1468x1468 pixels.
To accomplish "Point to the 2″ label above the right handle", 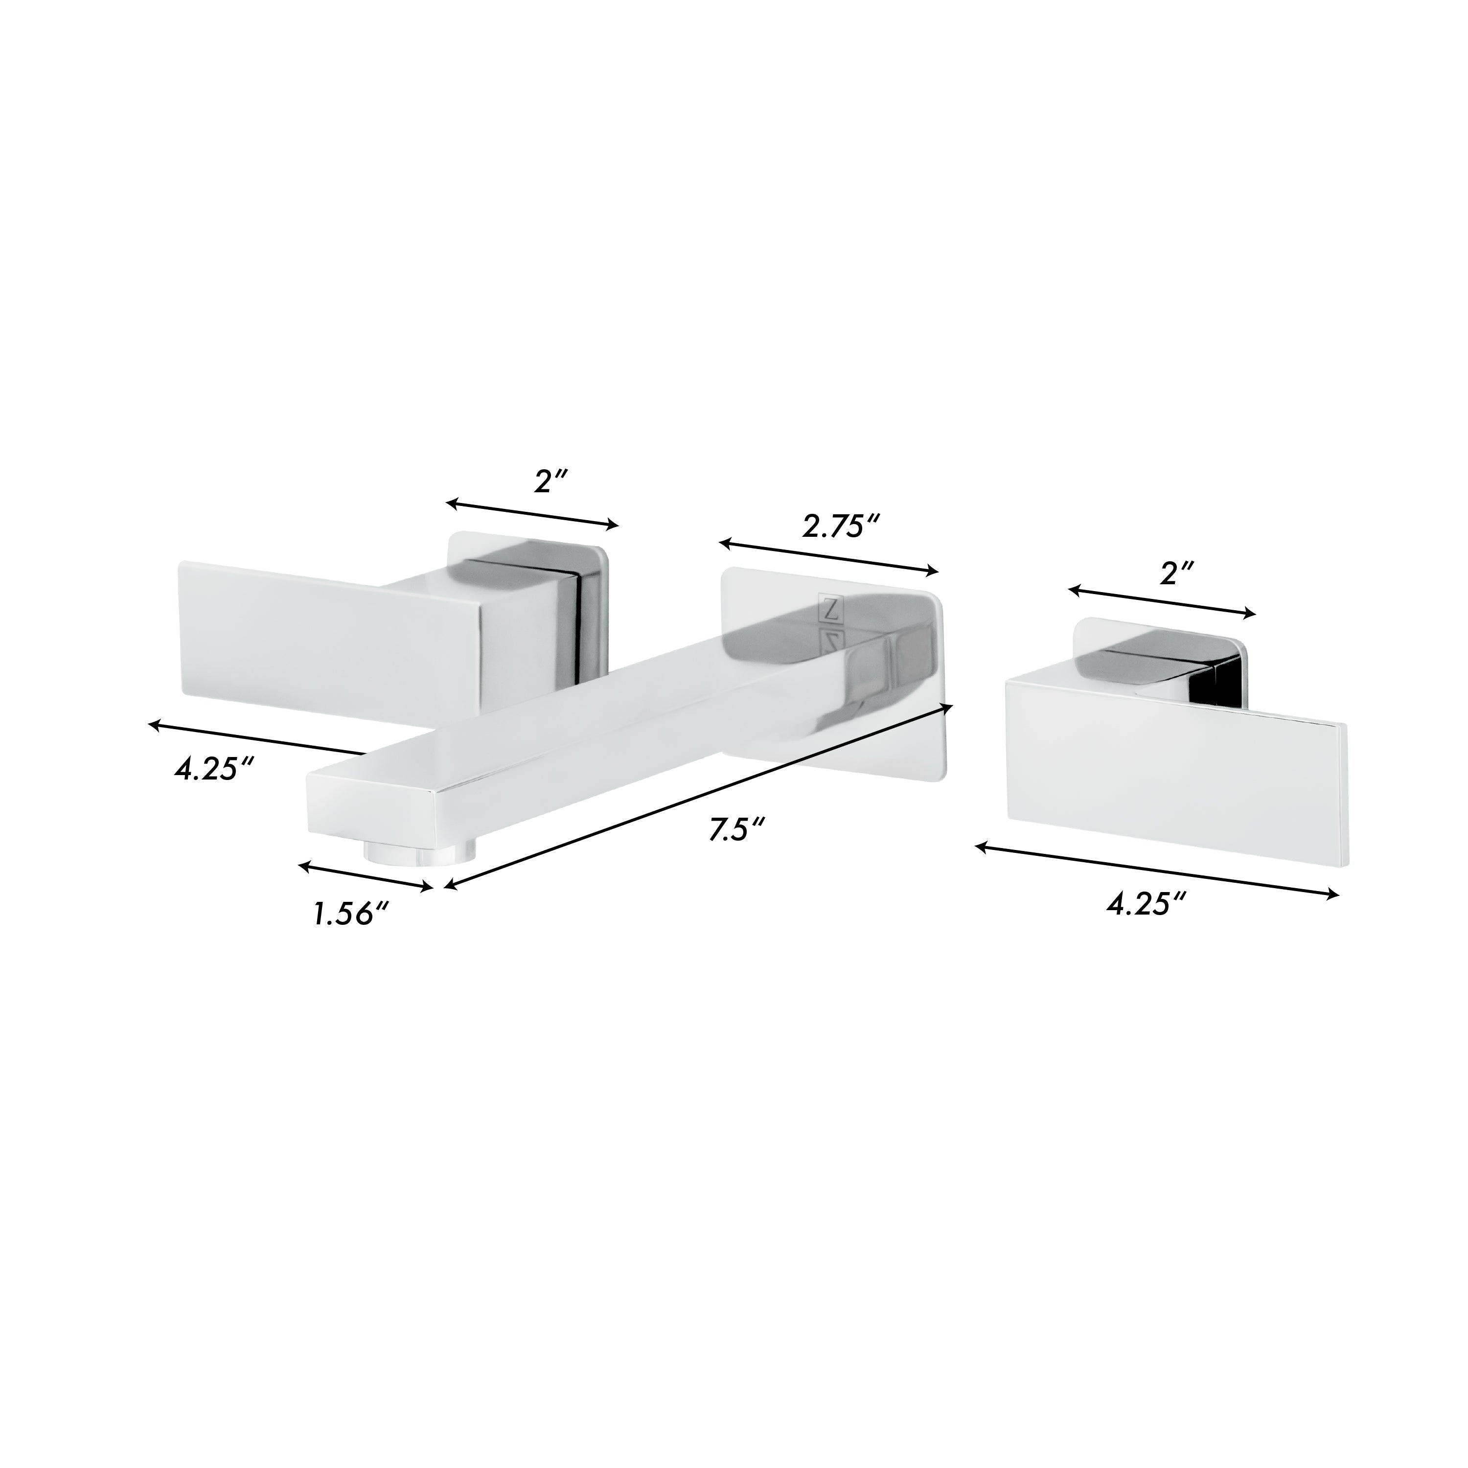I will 1175,573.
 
